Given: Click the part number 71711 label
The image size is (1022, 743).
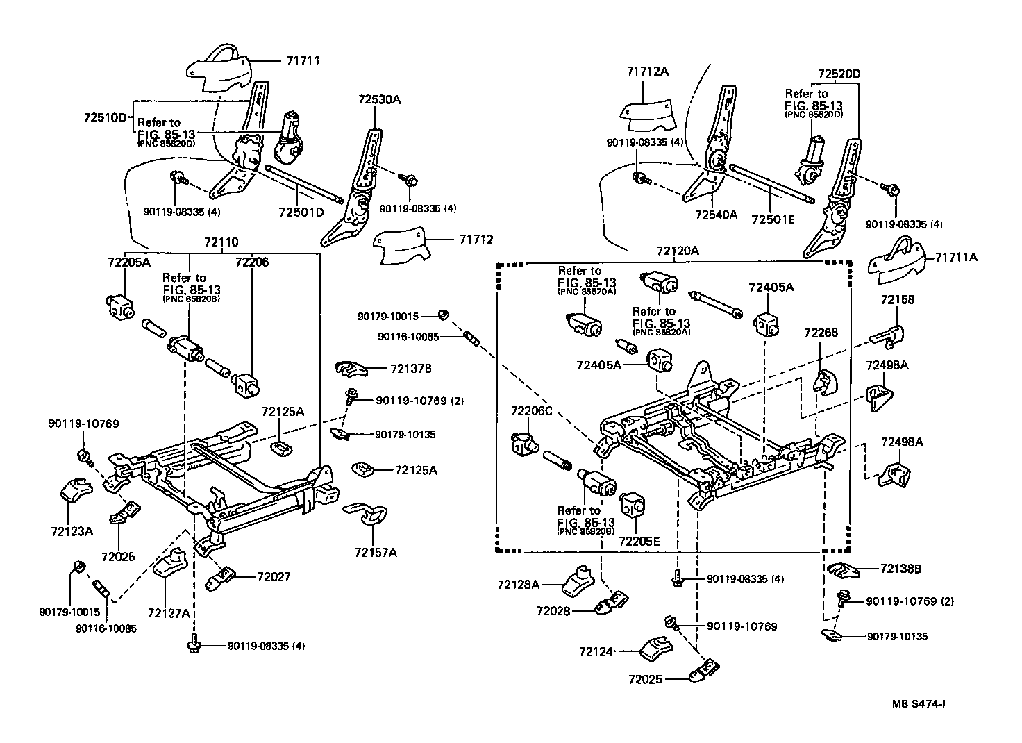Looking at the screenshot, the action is click(303, 60).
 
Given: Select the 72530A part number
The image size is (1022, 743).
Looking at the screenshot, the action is click(379, 99).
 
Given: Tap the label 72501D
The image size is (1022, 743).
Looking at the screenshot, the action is click(301, 212).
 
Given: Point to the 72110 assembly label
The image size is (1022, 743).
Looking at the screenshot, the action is click(221, 242).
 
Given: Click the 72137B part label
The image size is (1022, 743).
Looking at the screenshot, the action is click(410, 368).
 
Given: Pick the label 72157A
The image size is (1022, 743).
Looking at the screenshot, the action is click(376, 553).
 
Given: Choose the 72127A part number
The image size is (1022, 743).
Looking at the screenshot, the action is click(169, 613).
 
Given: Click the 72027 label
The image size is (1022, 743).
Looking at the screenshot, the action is click(274, 577).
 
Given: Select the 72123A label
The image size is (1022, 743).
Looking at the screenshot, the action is click(72, 531).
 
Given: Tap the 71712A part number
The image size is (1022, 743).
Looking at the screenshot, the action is click(647, 72).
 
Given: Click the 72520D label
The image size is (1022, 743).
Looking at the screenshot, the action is click(839, 74).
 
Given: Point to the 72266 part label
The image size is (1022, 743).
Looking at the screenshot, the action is click(821, 333).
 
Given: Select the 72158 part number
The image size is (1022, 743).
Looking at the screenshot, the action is click(898, 299).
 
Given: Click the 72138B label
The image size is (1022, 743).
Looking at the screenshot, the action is click(900, 569).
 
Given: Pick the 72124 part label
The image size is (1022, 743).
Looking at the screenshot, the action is click(596, 652).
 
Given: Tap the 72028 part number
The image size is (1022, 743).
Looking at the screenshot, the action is click(553, 610).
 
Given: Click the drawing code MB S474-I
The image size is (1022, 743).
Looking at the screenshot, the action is click(919, 703).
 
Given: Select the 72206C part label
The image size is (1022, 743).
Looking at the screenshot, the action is click(532, 411).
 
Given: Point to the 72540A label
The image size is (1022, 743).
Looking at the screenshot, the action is click(717, 215).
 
